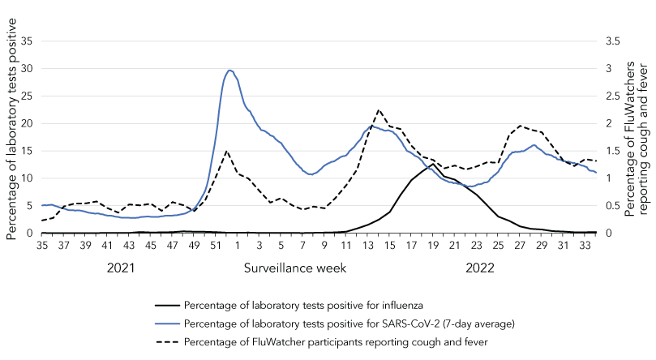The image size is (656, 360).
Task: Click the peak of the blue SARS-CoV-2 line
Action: coord(230,71)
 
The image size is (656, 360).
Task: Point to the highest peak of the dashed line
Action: coord(379,109)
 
